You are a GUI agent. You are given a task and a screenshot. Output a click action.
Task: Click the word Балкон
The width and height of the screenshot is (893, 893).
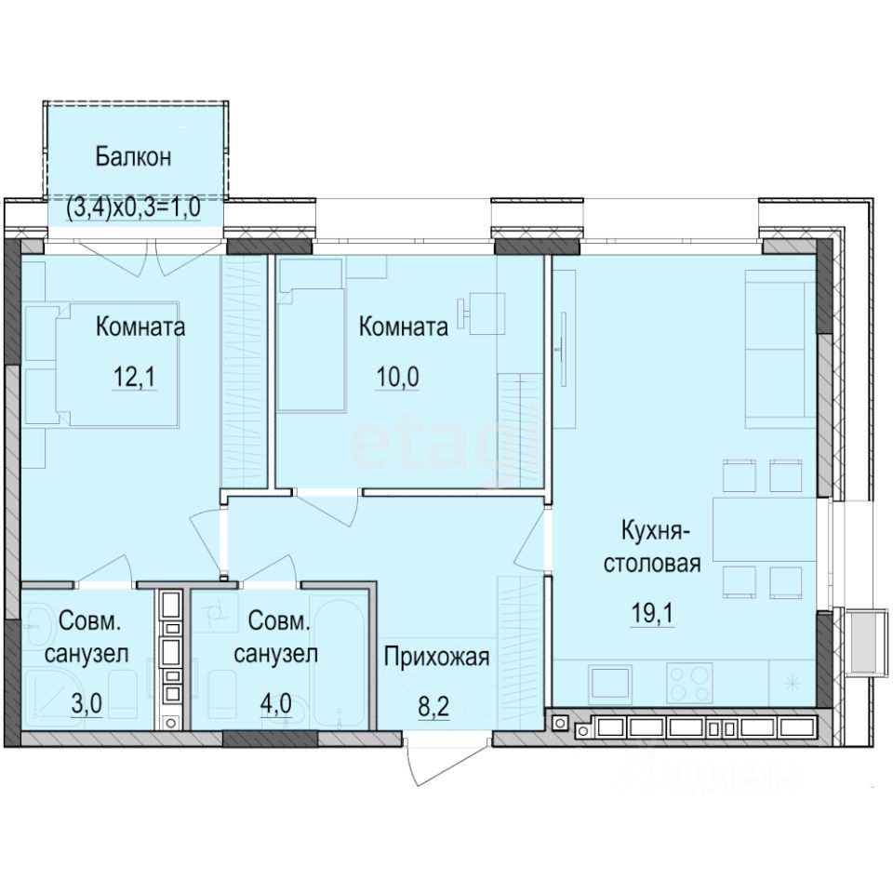tap(133, 156)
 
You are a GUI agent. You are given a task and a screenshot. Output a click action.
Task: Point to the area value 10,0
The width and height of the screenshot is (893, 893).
tap(396, 380)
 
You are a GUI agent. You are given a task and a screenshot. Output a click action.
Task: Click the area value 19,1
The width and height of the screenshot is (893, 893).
tap(652, 615)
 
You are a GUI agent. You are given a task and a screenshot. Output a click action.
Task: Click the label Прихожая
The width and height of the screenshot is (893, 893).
tap(436, 659)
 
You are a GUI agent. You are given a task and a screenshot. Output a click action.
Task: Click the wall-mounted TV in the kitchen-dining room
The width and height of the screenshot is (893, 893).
tap(562, 344)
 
